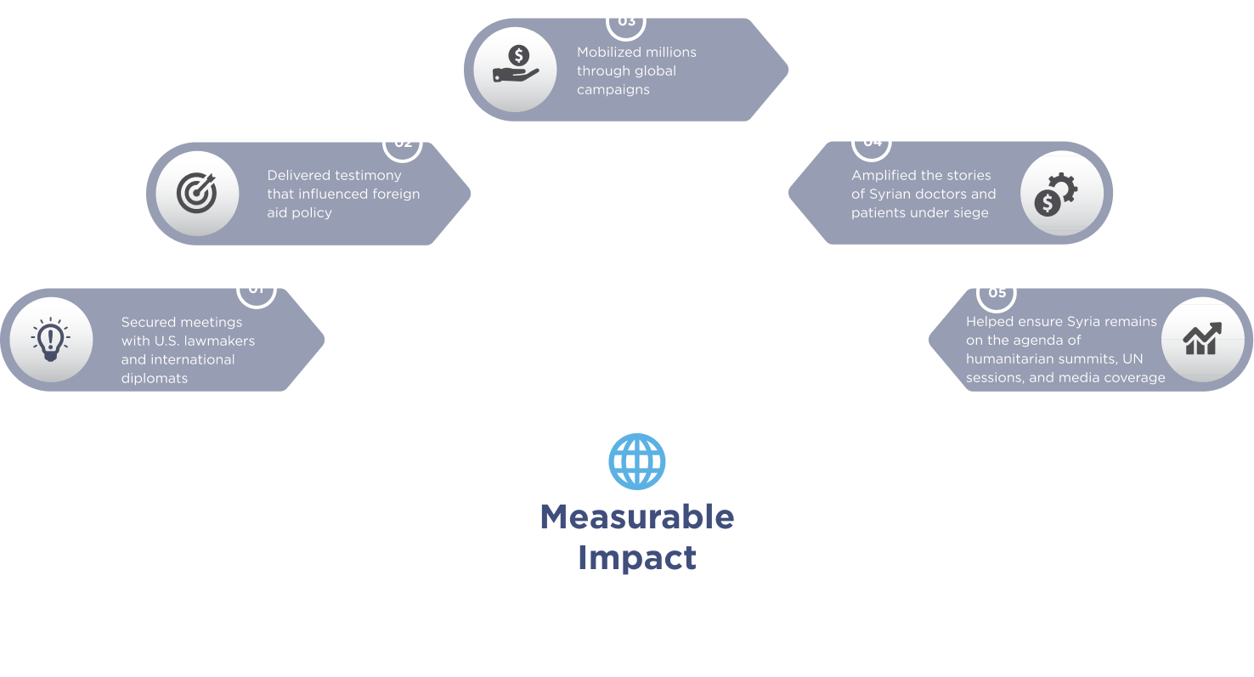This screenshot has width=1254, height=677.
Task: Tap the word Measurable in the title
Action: click(637, 516)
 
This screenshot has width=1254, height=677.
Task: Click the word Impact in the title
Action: click(637, 558)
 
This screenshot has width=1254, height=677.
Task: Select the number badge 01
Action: click(256, 289)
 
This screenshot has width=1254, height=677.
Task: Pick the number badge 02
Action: click(403, 142)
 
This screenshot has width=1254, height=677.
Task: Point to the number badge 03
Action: click(626, 20)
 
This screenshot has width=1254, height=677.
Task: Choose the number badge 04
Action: click(873, 142)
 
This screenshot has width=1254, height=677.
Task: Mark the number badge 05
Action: click(997, 293)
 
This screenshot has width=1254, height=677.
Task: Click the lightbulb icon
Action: click(51, 340)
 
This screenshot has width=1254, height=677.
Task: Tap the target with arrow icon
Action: click(197, 193)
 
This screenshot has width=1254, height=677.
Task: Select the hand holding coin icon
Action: click(516, 67)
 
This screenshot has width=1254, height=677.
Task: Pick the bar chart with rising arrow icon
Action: click(1202, 339)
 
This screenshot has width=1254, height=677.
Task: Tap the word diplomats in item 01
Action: click(155, 378)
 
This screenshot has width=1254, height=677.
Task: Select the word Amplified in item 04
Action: click(885, 175)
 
